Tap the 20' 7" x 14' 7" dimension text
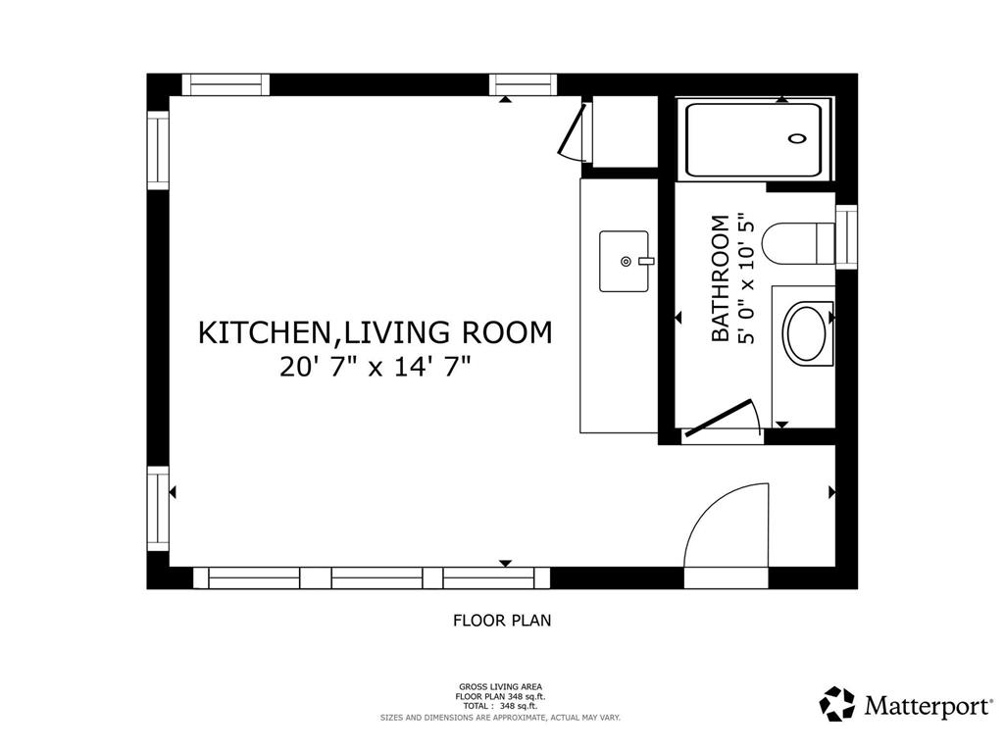376,368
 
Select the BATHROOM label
721,278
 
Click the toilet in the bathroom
798,243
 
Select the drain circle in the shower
797,138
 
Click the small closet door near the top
572,131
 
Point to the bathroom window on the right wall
846,237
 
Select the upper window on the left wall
158,150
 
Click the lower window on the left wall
158,509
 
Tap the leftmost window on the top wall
226,84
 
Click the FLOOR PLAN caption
502,621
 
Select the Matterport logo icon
837,704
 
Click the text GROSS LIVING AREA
500,687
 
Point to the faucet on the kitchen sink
647,261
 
